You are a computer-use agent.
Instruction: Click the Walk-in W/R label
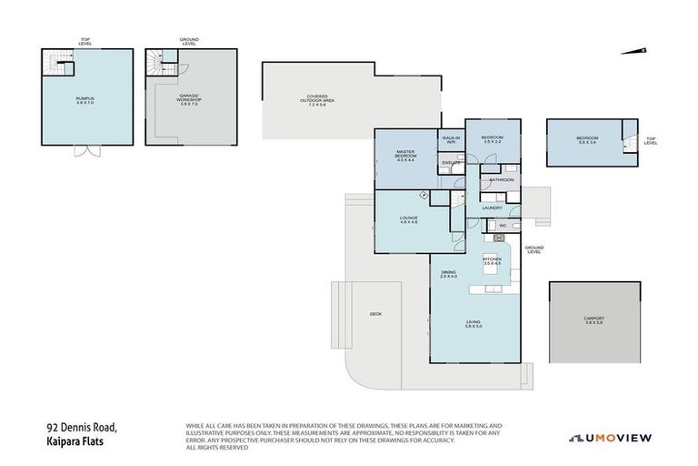[x=450, y=140]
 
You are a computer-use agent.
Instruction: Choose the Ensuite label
[x=450, y=163]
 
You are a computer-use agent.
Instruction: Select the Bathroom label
[x=502, y=180]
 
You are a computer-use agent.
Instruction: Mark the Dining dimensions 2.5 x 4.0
[x=449, y=276]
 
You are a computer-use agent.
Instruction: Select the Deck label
[x=375, y=314]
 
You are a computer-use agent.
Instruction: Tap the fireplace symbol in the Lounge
[x=424, y=195]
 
